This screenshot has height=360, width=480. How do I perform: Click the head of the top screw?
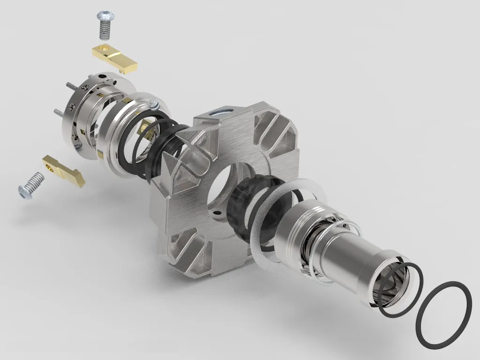click(106, 16)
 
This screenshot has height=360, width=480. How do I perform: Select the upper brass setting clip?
click(115, 58)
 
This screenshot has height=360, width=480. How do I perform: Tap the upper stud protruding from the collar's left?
click(71, 86)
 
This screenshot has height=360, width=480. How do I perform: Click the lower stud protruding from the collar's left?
click(58, 112)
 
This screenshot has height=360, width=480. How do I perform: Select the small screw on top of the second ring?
click(153, 103)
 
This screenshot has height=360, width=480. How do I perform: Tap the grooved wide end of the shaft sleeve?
click(293, 229)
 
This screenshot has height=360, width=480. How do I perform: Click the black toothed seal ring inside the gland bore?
click(244, 206)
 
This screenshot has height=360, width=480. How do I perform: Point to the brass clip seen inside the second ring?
click(146, 130)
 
